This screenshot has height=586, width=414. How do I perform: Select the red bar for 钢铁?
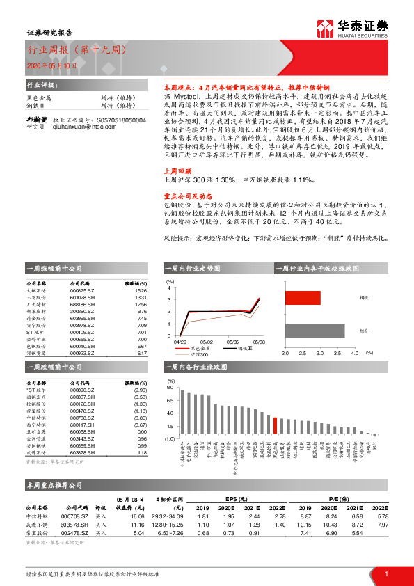pos(302,298)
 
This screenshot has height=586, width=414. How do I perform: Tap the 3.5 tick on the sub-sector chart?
pos(337,354)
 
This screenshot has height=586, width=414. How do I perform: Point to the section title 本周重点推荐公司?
pos(54,484)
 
